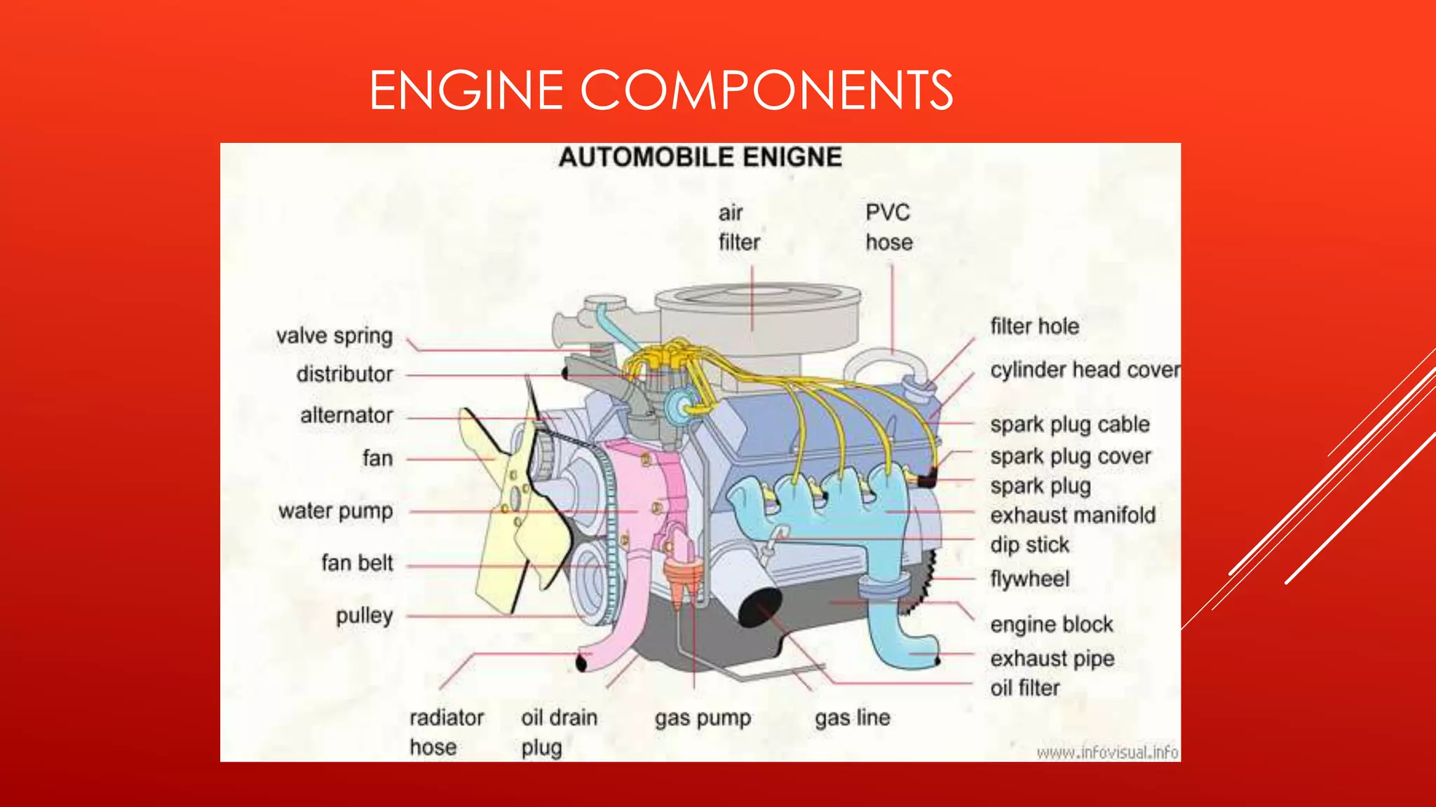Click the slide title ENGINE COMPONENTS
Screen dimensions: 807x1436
661,90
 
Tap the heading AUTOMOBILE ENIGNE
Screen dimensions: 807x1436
700,158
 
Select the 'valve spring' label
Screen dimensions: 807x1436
334,336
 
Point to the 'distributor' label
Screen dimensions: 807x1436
344,374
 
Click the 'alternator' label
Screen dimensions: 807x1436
346,415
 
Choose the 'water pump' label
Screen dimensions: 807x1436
335,511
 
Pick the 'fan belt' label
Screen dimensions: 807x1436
357,563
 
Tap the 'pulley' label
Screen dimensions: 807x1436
364,616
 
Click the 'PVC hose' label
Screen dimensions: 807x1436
888,228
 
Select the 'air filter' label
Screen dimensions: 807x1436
738,228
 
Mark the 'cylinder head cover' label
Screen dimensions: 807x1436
1084,370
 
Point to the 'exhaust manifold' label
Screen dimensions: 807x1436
1073,516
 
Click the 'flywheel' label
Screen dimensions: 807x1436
1029,579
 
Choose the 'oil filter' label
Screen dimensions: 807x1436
1024,689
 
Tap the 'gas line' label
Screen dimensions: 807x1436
852,718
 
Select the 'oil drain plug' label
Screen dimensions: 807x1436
558,733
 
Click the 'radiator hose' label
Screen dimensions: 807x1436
446,733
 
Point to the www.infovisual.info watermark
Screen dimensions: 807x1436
1107,753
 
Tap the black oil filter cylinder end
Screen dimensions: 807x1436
759,607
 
